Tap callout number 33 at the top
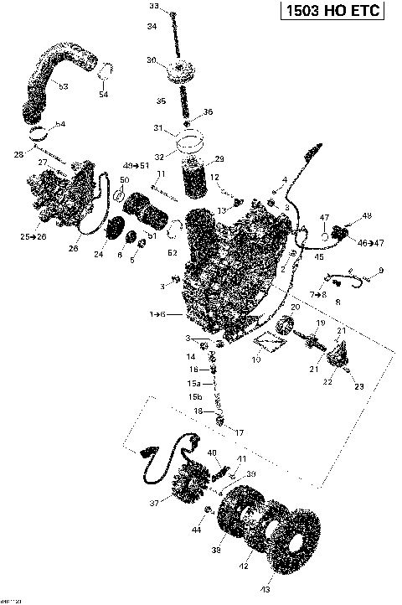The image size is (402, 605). (x=153, y=6)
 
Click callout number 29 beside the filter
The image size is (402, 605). (x=219, y=159)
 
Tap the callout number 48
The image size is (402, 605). (x=367, y=217)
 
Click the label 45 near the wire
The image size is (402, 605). (x=318, y=257)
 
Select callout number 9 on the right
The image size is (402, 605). (x=380, y=270)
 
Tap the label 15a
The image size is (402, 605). (x=193, y=383)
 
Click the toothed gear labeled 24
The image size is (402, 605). (x=118, y=230)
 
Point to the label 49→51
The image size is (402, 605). (x=132, y=166)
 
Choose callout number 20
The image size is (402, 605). (x=294, y=308)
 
